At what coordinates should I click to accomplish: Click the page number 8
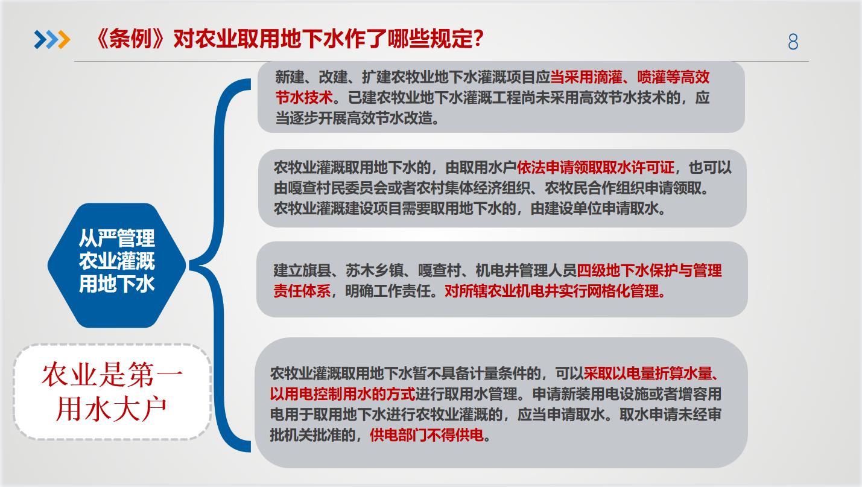(x=793, y=42)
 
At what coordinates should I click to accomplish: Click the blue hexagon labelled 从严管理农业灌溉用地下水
(x=116, y=266)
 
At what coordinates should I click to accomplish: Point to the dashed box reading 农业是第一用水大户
(x=112, y=392)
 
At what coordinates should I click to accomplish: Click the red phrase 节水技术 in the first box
(x=304, y=98)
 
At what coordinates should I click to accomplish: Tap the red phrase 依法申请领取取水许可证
(x=595, y=168)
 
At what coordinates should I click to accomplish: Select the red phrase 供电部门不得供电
(x=426, y=436)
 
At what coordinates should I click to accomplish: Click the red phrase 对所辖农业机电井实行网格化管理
(x=552, y=291)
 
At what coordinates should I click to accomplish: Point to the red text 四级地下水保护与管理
(x=649, y=270)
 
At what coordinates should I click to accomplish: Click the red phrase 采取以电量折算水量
(x=648, y=374)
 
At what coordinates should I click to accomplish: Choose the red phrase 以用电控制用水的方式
(x=343, y=394)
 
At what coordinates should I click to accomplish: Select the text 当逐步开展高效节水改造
(x=354, y=118)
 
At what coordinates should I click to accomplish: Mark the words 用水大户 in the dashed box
(x=111, y=409)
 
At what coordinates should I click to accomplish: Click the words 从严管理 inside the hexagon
(x=116, y=238)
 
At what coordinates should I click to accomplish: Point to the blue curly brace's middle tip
(x=190, y=266)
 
